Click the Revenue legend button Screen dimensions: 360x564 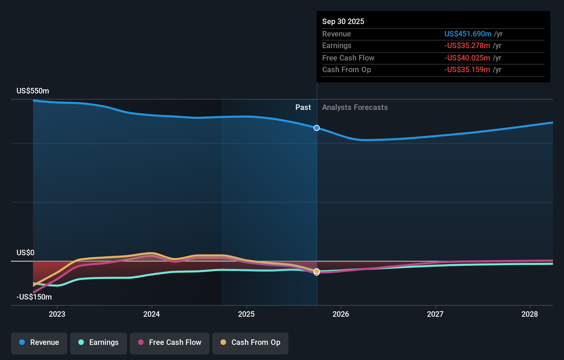click(x=39, y=343)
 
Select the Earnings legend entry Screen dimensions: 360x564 click(x=99, y=343)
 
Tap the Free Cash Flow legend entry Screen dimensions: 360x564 click(x=170, y=343)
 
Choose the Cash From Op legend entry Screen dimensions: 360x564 click(x=250, y=343)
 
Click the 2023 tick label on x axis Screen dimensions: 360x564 click(x=57, y=314)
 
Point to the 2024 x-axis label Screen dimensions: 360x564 click(x=151, y=314)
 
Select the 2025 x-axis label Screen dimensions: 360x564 click(x=246, y=314)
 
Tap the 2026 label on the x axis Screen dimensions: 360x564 click(x=341, y=314)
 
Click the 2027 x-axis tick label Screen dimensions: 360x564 click(x=435, y=314)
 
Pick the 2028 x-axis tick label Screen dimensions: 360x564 click(x=530, y=314)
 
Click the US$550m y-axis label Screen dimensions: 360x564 click(x=33, y=91)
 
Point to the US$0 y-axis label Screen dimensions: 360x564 click(x=25, y=253)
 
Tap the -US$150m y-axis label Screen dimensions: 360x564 click(x=34, y=297)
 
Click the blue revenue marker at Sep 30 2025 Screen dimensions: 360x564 click(x=317, y=128)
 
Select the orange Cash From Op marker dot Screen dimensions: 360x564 click(x=317, y=271)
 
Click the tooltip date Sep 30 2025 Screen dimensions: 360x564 click(x=343, y=21)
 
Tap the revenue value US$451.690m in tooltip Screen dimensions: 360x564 click(x=467, y=34)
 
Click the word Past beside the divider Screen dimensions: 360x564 click(x=303, y=108)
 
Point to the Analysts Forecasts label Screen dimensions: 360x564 click(x=355, y=108)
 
